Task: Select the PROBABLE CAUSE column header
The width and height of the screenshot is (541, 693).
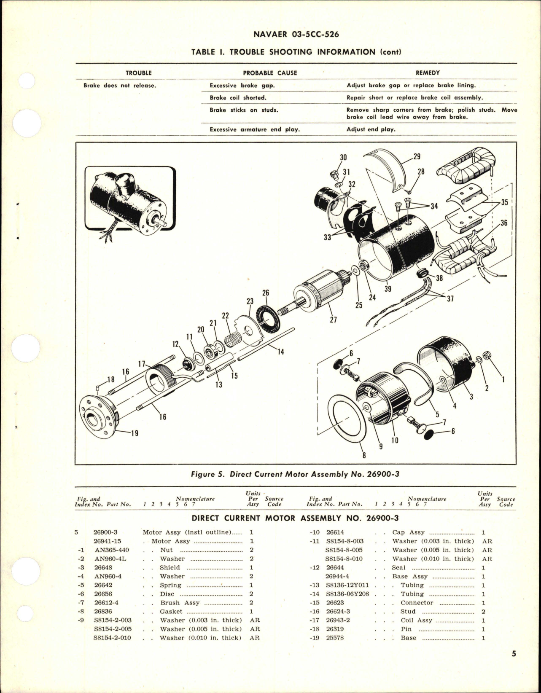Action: (270, 73)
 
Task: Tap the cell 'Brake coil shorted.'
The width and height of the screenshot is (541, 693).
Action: (238, 98)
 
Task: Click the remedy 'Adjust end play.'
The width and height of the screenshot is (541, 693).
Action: (371, 129)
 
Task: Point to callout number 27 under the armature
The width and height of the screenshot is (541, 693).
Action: (333, 320)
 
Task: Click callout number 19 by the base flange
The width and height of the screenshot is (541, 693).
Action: (135, 433)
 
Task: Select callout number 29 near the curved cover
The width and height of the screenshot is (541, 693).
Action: (417, 156)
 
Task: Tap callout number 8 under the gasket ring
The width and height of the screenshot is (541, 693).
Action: (364, 455)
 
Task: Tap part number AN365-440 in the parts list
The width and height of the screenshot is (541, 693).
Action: (112, 550)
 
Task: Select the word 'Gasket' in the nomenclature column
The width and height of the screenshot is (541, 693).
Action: (171, 612)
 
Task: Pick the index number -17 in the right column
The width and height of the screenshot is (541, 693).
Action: (315, 620)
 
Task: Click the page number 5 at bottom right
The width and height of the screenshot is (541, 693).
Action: (514, 654)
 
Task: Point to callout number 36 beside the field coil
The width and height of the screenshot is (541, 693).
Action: (503, 223)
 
